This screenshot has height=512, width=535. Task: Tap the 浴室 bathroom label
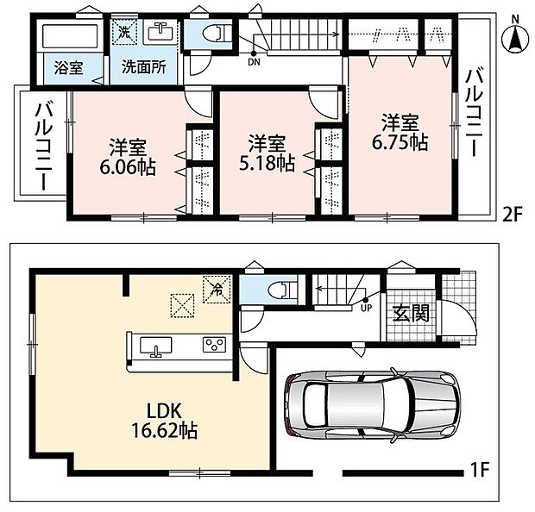click(x=68, y=68)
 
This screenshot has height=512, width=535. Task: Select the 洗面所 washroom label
click(x=144, y=67)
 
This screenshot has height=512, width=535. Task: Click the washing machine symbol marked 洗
click(x=124, y=32)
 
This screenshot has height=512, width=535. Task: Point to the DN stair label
click(x=255, y=62)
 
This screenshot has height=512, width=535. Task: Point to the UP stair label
click(x=366, y=309)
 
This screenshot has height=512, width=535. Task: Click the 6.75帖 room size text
click(x=400, y=142)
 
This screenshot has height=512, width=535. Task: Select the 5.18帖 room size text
click(x=267, y=163)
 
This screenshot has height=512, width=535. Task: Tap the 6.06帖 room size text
click(x=128, y=167)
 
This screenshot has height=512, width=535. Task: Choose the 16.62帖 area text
click(x=165, y=431)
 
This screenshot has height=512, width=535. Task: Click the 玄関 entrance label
click(x=411, y=313)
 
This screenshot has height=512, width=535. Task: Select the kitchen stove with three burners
click(x=214, y=345)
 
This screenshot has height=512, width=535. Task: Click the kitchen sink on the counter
click(x=156, y=346)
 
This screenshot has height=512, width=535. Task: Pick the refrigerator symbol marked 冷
click(x=217, y=290)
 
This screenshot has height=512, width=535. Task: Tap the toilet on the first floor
click(x=282, y=290)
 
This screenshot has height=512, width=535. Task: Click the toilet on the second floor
click(x=217, y=34)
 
